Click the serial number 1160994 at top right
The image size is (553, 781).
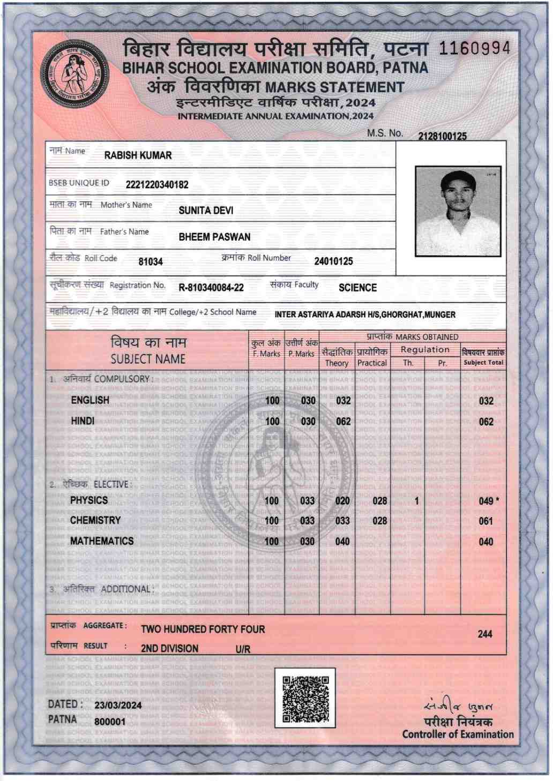coord(474,49)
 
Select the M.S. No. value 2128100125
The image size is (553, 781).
coord(442,137)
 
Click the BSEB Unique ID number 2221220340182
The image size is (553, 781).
coord(157,185)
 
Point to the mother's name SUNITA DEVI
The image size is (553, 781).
coord(206,211)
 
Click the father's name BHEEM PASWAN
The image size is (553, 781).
coord(214,237)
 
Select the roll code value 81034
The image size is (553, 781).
coord(151,262)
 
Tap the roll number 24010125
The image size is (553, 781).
coord(333,261)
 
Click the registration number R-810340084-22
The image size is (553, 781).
coord(211,288)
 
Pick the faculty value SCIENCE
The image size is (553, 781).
coord(357,288)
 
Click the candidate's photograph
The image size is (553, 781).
coord(458,211)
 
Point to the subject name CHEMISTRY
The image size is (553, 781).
coord(95,520)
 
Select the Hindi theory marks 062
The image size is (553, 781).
coord(343,422)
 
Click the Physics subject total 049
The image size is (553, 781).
coord(486,501)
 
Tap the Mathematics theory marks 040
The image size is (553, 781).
coord(342,542)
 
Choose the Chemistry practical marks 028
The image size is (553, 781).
coord(379,521)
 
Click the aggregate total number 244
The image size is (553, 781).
coord(485,634)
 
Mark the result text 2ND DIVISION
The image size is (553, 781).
coord(169,648)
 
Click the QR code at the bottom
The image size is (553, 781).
coord(305,698)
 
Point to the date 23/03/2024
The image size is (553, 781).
coord(118,705)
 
